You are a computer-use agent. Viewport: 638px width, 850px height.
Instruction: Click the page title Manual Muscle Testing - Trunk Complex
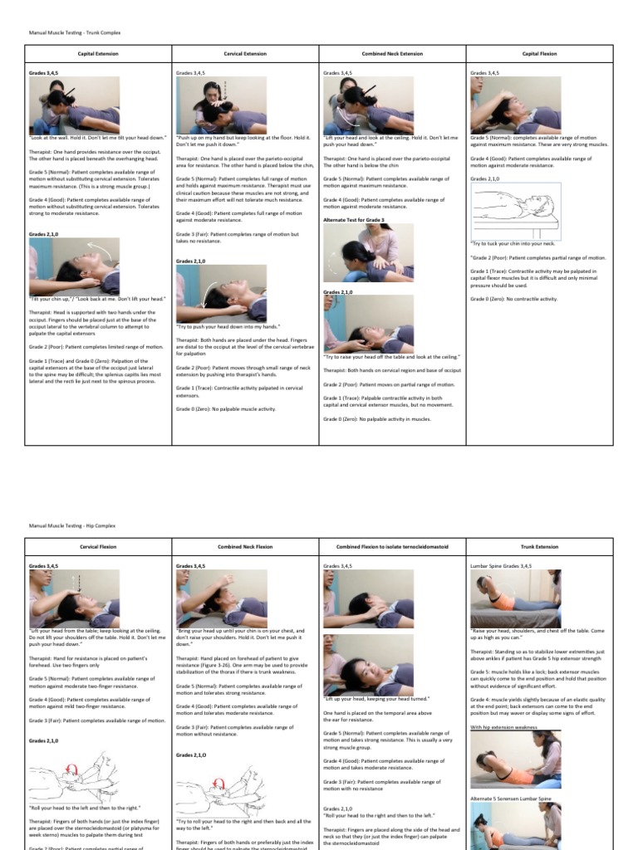[x=64, y=35]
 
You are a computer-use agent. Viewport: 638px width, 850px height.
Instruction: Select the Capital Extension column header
[x=98, y=53]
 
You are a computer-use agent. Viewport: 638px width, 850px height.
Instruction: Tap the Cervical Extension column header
[x=245, y=53]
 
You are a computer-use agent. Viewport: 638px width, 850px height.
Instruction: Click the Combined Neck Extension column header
[x=392, y=53]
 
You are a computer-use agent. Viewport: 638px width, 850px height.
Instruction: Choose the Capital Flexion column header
[x=539, y=53]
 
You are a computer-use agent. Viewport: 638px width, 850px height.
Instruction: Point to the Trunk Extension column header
[x=539, y=547]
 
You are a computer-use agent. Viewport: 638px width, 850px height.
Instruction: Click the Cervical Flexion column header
[x=98, y=547]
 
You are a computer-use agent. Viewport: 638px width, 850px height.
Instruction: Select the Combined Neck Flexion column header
[x=245, y=547]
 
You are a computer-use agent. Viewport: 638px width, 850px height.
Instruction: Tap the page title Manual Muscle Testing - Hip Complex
[x=62, y=525]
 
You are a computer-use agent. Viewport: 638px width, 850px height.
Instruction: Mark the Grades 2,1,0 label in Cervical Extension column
[x=192, y=261]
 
